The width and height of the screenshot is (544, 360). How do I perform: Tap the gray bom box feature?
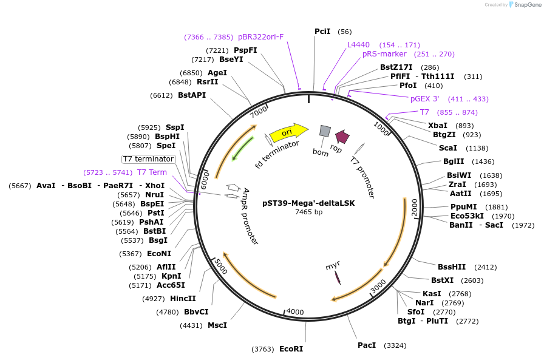pos(325,131)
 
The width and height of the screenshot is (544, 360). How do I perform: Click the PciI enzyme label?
pos(322,32)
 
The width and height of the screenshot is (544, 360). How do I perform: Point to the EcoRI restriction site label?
pos(291,349)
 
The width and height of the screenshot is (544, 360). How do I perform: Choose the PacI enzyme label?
pos(367,345)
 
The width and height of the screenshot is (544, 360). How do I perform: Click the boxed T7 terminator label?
pos(149,159)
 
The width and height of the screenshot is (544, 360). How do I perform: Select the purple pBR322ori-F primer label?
pos(260,37)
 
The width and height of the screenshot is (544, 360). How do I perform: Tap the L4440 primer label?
pos(358,45)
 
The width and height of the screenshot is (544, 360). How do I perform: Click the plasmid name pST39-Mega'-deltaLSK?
pos(308,203)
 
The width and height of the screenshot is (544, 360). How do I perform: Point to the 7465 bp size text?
pos(308,212)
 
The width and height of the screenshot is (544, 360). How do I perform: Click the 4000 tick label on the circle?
pos(295,311)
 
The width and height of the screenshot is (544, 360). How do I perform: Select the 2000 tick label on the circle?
pos(415,206)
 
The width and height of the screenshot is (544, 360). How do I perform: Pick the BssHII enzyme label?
pos(452,267)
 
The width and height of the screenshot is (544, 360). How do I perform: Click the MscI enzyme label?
pos(217,325)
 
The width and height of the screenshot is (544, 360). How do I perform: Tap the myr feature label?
pos(332,266)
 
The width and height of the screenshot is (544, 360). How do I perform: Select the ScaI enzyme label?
pos(447,148)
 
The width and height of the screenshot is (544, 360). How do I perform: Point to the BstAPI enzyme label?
pos(192,95)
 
